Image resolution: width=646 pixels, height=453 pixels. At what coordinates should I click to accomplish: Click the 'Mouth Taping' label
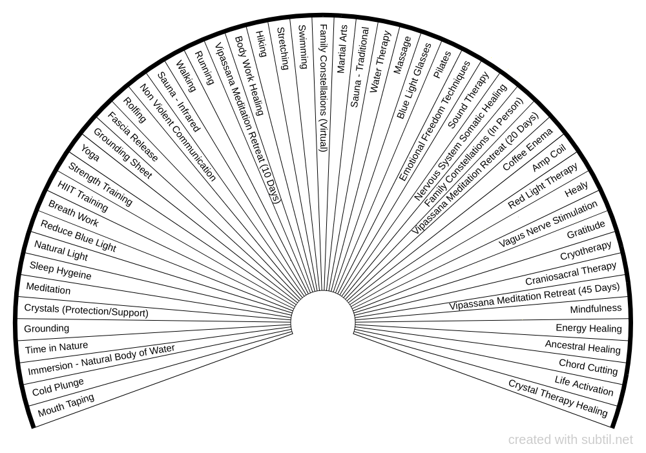(x=66, y=405)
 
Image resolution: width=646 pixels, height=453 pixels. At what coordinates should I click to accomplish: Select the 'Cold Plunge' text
(x=58, y=387)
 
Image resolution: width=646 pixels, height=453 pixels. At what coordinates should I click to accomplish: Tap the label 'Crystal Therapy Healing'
(x=558, y=398)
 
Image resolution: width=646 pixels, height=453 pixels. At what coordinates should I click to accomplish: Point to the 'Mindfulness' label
(x=596, y=309)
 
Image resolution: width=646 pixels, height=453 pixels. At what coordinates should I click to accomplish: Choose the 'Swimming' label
(x=302, y=46)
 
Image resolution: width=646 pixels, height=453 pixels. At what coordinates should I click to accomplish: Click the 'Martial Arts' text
(x=342, y=49)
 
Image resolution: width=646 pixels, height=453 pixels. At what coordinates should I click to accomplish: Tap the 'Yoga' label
(x=90, y=153)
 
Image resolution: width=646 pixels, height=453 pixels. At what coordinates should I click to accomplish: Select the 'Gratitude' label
(x=586, y=230)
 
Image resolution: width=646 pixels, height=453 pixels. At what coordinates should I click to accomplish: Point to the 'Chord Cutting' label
(x=589, y=367)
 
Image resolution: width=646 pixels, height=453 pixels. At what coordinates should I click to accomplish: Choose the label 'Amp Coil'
(x=549, y=158)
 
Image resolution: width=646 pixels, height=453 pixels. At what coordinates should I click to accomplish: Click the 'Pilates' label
(x=442, y=65)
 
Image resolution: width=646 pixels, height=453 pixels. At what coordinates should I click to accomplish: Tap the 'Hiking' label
(x=261, y=44)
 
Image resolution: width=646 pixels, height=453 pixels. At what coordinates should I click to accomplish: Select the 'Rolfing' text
(x=135, y=110)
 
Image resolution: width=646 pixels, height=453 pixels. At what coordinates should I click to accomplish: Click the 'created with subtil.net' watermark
(x=570, y=440)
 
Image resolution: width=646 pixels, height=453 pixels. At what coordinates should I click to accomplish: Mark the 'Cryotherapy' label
(x=586, y=250)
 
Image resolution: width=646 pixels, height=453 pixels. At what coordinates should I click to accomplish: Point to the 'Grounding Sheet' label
(x=123, y=153)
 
